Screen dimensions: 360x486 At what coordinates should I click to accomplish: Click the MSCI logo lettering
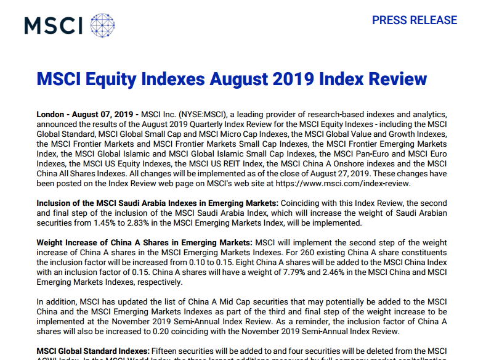[x=54, y=25]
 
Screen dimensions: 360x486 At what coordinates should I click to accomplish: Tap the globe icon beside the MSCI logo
[x=102, y=25]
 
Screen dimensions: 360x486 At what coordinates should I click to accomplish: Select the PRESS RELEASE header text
[x=415, y=20]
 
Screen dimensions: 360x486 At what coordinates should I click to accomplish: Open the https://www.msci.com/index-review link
[x=344, y=184]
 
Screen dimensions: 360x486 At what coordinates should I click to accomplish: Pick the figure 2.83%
[x=154, y=223]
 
